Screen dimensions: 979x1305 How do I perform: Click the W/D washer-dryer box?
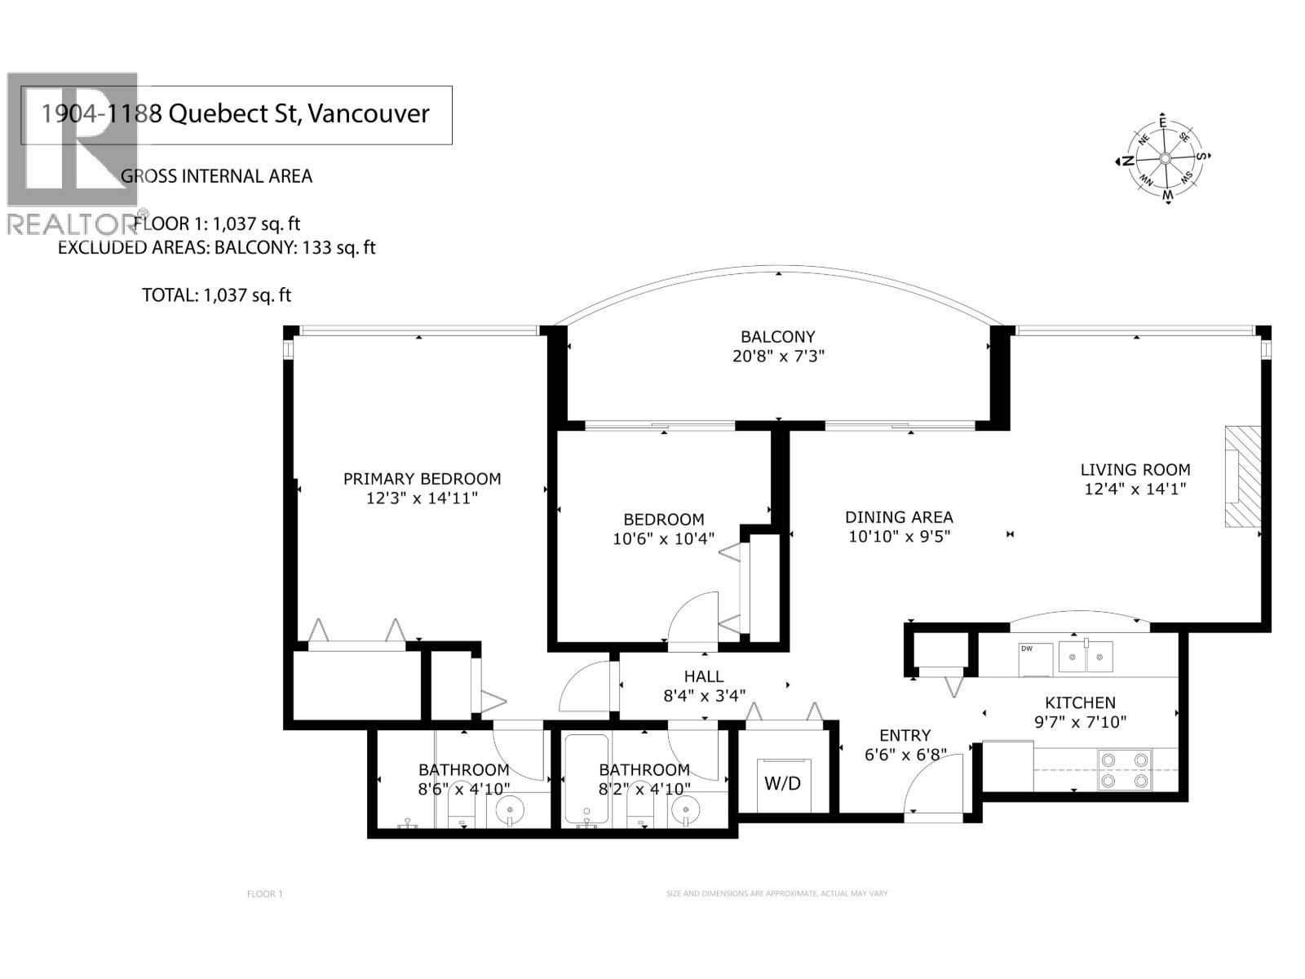click(x=783, y=784)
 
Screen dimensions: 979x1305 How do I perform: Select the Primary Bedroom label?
click(x=422, y=479)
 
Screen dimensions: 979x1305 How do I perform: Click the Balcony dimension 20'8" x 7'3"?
click(x=777, y=357)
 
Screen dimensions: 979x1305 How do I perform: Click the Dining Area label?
click(x=899, y=517)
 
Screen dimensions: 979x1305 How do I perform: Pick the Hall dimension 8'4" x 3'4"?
click(x=704, y=696)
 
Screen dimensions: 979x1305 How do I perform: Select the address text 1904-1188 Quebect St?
click(x=235, y=113)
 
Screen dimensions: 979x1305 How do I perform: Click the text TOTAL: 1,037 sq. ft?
click(x=216, y=295)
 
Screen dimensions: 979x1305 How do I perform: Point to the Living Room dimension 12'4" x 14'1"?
click(x=1135, y=489)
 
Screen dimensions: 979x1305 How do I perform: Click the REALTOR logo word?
click(x=72, y=223)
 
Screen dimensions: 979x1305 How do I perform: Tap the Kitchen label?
click(x=1080, y=702)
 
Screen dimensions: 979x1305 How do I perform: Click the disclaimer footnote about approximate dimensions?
click(x=776, y=894)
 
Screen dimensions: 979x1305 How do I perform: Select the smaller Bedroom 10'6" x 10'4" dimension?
click(x=663, y=539)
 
